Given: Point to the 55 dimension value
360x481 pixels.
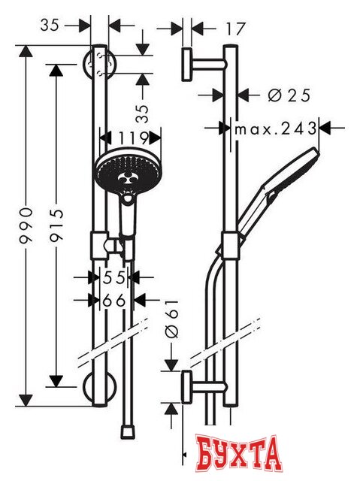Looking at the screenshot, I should (x=113, y=277).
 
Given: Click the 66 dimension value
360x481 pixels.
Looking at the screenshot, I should (x=113, y=300).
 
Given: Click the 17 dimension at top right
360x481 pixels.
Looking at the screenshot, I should (x=235, y=29).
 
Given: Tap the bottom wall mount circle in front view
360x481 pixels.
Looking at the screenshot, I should (x=98, y=387).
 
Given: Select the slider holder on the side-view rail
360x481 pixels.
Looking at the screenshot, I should (x=231, y=245).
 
